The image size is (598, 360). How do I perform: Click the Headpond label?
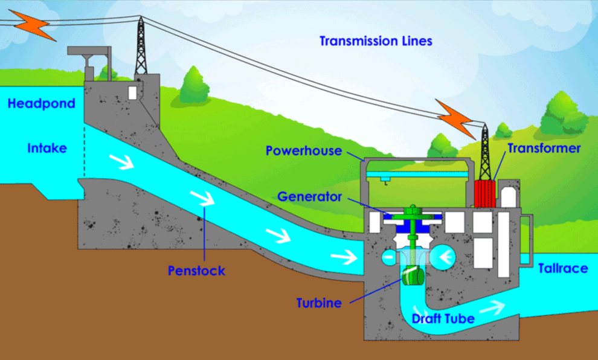click(41, 103)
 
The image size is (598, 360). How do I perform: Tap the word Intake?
click(47, 148)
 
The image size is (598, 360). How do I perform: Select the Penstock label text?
click(196, 271)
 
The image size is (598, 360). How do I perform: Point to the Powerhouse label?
click(304, 150)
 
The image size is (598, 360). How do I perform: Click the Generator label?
click(309, 196)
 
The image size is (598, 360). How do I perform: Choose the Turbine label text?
click(319, 303)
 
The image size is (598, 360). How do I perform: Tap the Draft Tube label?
click(443, 318)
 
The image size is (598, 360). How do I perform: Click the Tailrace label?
click(563, 268)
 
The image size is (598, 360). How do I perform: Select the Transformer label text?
click(544, 148)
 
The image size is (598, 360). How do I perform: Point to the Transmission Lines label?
click(376, 41)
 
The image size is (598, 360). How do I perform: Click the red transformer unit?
click(484, 194)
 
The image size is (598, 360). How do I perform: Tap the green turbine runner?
click(413, 275)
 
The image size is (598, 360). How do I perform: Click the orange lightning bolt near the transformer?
click(455, 118)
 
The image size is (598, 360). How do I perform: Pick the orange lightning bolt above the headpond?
click(33, 25)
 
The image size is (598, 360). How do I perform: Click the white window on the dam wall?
click(132, 92)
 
